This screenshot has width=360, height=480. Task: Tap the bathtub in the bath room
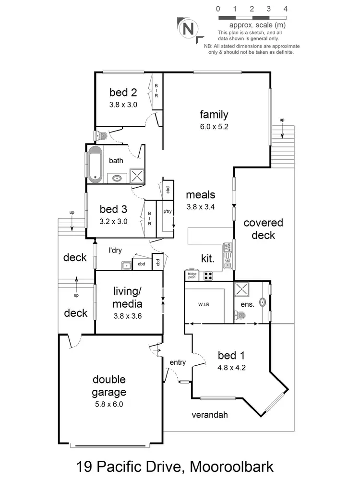pos(95,165)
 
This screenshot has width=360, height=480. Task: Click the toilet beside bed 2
pos(100,135)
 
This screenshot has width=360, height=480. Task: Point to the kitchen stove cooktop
pos(209,276)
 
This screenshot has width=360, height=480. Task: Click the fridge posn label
pos(192,275)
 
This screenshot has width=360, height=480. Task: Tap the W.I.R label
pos(204,304)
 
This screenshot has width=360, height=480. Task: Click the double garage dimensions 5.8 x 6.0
pos(109,404)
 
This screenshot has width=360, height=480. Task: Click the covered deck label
pos(263,229)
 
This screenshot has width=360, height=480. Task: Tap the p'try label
pos(168,211)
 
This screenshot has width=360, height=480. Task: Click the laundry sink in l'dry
pos(126,264)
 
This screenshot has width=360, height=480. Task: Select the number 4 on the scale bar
pos(285,9)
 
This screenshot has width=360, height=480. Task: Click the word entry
pos(178,362)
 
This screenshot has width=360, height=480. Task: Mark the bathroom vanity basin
pos(117,179)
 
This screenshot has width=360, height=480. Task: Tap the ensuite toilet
pos(240,315)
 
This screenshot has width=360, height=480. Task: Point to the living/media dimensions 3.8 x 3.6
pos(127,316)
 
